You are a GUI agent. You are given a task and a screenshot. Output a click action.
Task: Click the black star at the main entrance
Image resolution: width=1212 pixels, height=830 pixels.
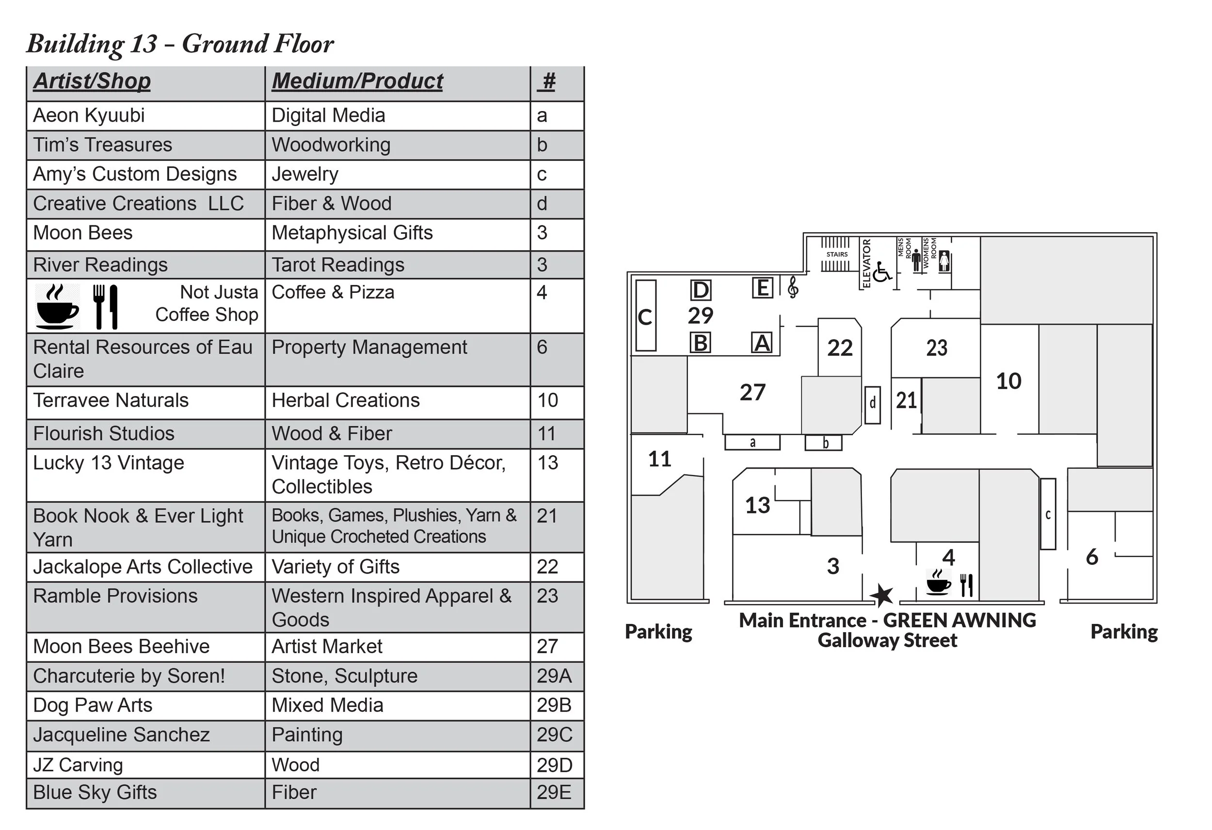click(x=881, y=595)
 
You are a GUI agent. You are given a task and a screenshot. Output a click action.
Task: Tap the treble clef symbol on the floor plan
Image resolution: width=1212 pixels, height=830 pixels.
click(x=793, y=287)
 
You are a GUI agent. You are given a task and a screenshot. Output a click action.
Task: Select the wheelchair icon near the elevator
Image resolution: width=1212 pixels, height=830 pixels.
click(x=881, y=272)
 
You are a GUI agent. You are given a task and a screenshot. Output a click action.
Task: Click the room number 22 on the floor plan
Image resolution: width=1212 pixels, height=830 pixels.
click(x=840, y=348)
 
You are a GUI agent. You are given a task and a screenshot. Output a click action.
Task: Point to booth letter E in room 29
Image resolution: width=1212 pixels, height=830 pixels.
click(x=763, y=288)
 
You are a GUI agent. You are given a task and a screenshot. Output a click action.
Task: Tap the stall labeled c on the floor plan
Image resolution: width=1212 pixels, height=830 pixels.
click(x=1048, y=514)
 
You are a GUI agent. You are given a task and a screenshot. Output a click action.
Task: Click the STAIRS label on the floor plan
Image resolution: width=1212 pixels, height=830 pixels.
click(x=836, y=255)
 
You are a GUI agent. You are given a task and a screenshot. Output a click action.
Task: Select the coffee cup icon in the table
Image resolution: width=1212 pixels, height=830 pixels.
click(x=57, y=307)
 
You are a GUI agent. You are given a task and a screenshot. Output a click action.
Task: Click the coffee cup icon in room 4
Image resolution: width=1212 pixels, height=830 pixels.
click(x=938, y=583)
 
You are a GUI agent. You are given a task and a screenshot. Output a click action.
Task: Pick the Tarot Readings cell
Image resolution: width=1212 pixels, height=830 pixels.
click(x=338, y=265)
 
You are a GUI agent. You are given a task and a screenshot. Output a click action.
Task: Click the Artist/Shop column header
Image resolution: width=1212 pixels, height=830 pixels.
click(x=92, y=81)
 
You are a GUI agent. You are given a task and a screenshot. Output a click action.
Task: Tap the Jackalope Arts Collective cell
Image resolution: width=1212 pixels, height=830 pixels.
click(x=143, y=567)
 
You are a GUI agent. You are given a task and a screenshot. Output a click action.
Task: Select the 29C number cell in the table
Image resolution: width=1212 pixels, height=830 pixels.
click(x=555, y=734)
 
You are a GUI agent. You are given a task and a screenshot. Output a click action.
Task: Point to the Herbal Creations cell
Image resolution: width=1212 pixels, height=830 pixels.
click(x=345, y=400)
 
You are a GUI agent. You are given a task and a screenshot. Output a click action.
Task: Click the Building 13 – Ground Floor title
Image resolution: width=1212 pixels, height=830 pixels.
click(x=180, y=44)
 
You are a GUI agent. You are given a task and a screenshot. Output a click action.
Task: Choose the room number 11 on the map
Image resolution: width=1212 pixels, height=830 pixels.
click(x=659, y=459)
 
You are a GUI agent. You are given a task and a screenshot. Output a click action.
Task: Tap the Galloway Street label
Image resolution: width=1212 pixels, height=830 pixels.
click(x=887, y=640)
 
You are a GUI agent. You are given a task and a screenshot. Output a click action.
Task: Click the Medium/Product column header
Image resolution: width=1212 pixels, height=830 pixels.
click(x=357, y=81)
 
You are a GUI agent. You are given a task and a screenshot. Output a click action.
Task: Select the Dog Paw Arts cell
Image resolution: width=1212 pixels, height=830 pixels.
click(x=93, y=705)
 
